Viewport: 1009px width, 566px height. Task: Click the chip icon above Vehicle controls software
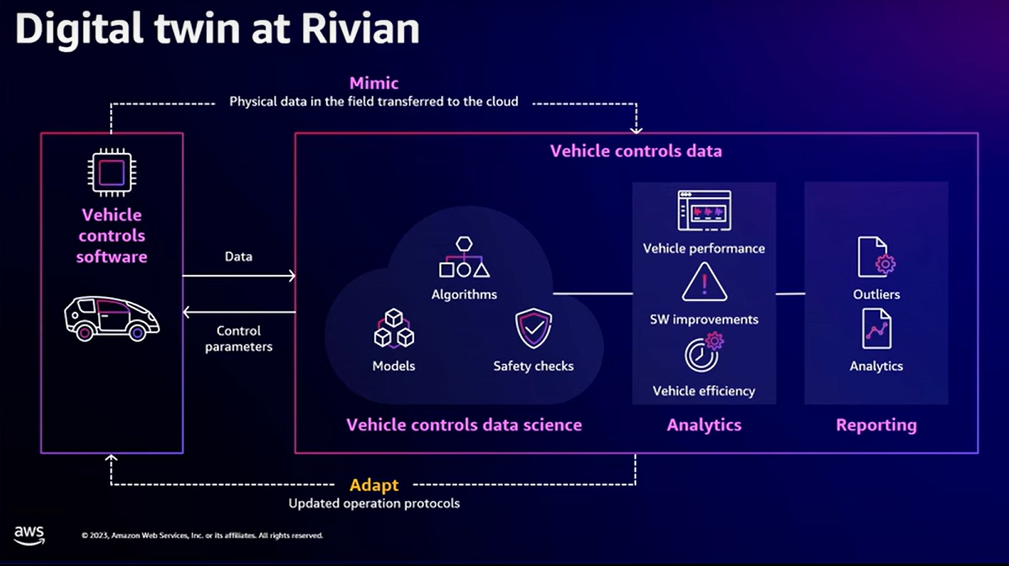[112, 173]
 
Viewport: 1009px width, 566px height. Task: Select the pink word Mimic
[374, 83]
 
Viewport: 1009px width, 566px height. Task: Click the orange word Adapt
[374, 485]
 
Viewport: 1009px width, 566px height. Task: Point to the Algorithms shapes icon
[464, 257]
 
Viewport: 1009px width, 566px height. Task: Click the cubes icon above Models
[393, 328]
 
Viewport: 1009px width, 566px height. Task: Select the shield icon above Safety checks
[533, 329]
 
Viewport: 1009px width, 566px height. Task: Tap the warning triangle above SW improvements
[704, 282]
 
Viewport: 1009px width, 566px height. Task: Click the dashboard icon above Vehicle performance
[704, 211]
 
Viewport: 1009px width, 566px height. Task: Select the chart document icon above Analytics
[876, 328]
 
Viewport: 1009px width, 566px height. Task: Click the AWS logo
[30, 535]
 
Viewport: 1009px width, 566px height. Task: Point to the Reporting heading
[876, 425]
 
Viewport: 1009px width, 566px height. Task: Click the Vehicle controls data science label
[464, 425]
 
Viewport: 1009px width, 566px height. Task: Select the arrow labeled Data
[239, 276]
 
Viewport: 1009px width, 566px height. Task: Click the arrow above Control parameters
[239, 312]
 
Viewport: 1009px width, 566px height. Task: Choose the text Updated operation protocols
[374, 503]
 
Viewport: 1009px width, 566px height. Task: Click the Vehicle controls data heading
[635, 151]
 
